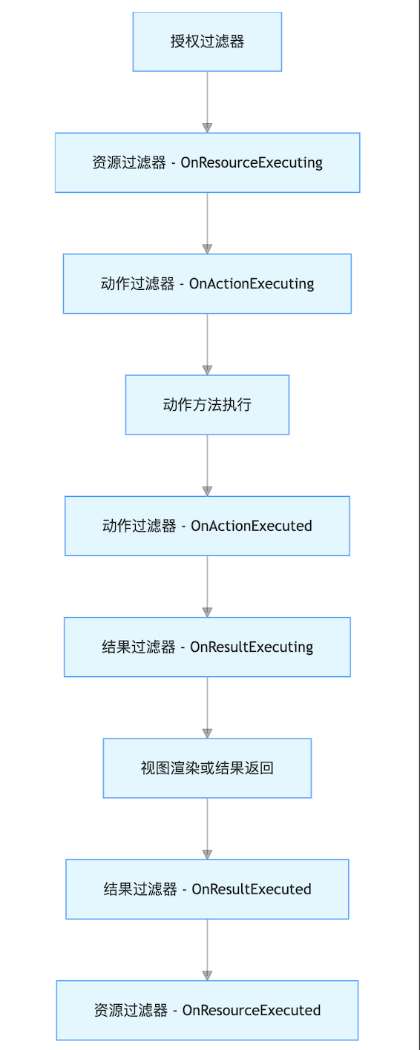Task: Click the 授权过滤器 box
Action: [207, 42]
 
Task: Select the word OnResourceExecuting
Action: [252, 163]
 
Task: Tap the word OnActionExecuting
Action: [252, 284]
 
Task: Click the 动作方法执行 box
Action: [207, 405]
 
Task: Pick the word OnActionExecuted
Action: [252, 526]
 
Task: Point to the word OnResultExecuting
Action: [252, 647]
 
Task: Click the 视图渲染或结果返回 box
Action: [207, 768]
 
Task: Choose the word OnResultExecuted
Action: [252, 889]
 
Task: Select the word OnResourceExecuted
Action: [252, 1010]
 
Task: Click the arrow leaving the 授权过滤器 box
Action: [207, 102]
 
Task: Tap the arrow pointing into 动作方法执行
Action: [207, 344]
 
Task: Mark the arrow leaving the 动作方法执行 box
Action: [207, 465]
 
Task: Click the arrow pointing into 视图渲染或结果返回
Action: [207, 707]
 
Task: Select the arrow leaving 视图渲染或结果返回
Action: [207, 828]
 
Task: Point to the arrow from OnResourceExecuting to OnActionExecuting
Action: [207, 223]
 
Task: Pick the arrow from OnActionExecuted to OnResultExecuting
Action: [207, 586]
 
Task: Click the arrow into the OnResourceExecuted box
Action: [207, 950]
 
